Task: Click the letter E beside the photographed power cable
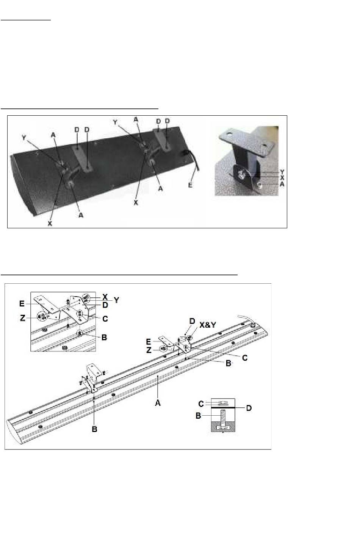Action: click(x=190, y=185)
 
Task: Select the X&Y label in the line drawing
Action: click(x=208, y=325)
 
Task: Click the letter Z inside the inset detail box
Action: click(x=22, y=318)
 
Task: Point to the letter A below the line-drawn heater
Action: click(x=158, y=403)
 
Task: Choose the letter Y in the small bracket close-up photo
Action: click(x=282, y=172)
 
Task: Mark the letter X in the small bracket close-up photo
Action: click(x=282, y=178)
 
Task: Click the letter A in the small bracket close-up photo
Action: click(x=282, y=184)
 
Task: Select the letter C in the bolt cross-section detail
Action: click(x=201, y=404)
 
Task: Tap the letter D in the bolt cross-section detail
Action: click(x=249, y=408)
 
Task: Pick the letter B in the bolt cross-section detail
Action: click(x=198, y=416)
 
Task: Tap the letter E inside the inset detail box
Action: click(x=22, y=303)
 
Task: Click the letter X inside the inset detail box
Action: click(x=105, y=297)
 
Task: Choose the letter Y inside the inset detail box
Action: click(x=116, y=300)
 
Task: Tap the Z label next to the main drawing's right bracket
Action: click(x=149, y=350)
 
